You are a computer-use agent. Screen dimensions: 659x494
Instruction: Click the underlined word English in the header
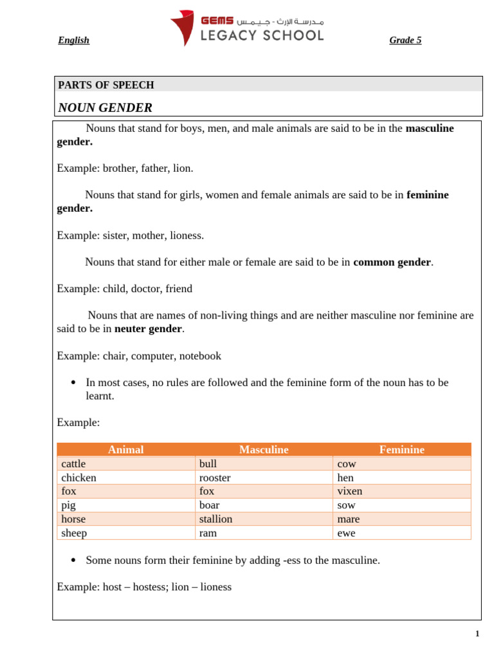(x=73, y=40)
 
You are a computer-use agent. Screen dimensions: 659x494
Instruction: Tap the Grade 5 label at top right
(x=405, y=40)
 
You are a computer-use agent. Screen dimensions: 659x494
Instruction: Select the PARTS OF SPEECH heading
(x=106, y=85)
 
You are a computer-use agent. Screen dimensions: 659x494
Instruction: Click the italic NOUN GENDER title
(x=105, y=107)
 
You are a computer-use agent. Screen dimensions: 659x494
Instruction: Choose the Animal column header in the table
(x=125, y=450)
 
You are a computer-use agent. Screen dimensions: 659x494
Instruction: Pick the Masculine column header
(x=264, y=450)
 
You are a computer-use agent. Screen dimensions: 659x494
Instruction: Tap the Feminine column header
(x=401, y=450)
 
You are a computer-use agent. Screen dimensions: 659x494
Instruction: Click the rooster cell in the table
(x=215, y=478)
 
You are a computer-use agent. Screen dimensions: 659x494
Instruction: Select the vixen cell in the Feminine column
(x=350, y=491)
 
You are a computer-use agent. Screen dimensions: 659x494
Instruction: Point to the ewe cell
(x=346, y=533)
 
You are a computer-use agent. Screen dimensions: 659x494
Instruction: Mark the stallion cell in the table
(x=216, y=519)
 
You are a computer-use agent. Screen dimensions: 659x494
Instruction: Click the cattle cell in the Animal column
(x=73, y=463)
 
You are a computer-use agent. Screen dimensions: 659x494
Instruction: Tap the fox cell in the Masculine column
(x=206, y=491)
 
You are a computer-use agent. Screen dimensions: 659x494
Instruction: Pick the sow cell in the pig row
(x=346, y=505)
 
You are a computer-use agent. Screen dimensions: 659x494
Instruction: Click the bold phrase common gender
(x=392, y=262)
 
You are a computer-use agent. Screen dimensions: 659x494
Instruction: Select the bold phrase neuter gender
(x=148, y=329)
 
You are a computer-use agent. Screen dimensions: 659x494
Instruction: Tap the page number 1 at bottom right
(x=477, y=634)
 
